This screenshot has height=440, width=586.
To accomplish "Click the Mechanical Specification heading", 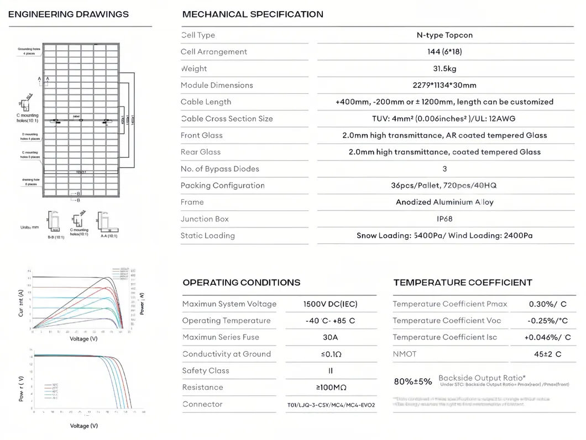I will [x=253, y=14].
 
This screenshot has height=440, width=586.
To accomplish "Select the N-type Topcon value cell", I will [x=444, y=35].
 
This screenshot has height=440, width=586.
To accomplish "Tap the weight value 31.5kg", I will [x=444, y=68].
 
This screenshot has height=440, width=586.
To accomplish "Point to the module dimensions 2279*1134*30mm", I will [x=444, y=85].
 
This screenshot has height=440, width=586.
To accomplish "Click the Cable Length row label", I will [x=206, y=102].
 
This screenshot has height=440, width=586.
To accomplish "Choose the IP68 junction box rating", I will [x=444, y=219].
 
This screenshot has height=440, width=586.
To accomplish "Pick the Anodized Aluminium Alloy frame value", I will [x=444, y=202].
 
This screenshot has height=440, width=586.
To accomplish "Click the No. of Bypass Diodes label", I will [x=219, y=169].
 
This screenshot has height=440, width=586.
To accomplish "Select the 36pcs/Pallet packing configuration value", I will [x=444, y=185].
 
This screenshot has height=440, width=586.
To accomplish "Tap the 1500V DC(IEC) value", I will [x=331, y=304].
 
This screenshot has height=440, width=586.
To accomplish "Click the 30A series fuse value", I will [x=331, y=337].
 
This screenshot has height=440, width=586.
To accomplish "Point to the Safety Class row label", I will [x=205, y=371].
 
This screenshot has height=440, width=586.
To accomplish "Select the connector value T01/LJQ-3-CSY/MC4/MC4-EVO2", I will [x=331, y=405].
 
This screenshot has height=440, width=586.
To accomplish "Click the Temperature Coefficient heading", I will [x=463, y=283].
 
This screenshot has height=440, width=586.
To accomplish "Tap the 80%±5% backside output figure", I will [x=413, y=381].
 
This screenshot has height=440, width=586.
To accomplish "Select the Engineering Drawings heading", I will [x=69, y=14].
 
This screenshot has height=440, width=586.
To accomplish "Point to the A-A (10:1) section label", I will [x=108, y=237].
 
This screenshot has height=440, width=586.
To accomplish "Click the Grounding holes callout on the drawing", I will [x=29, y=51].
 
